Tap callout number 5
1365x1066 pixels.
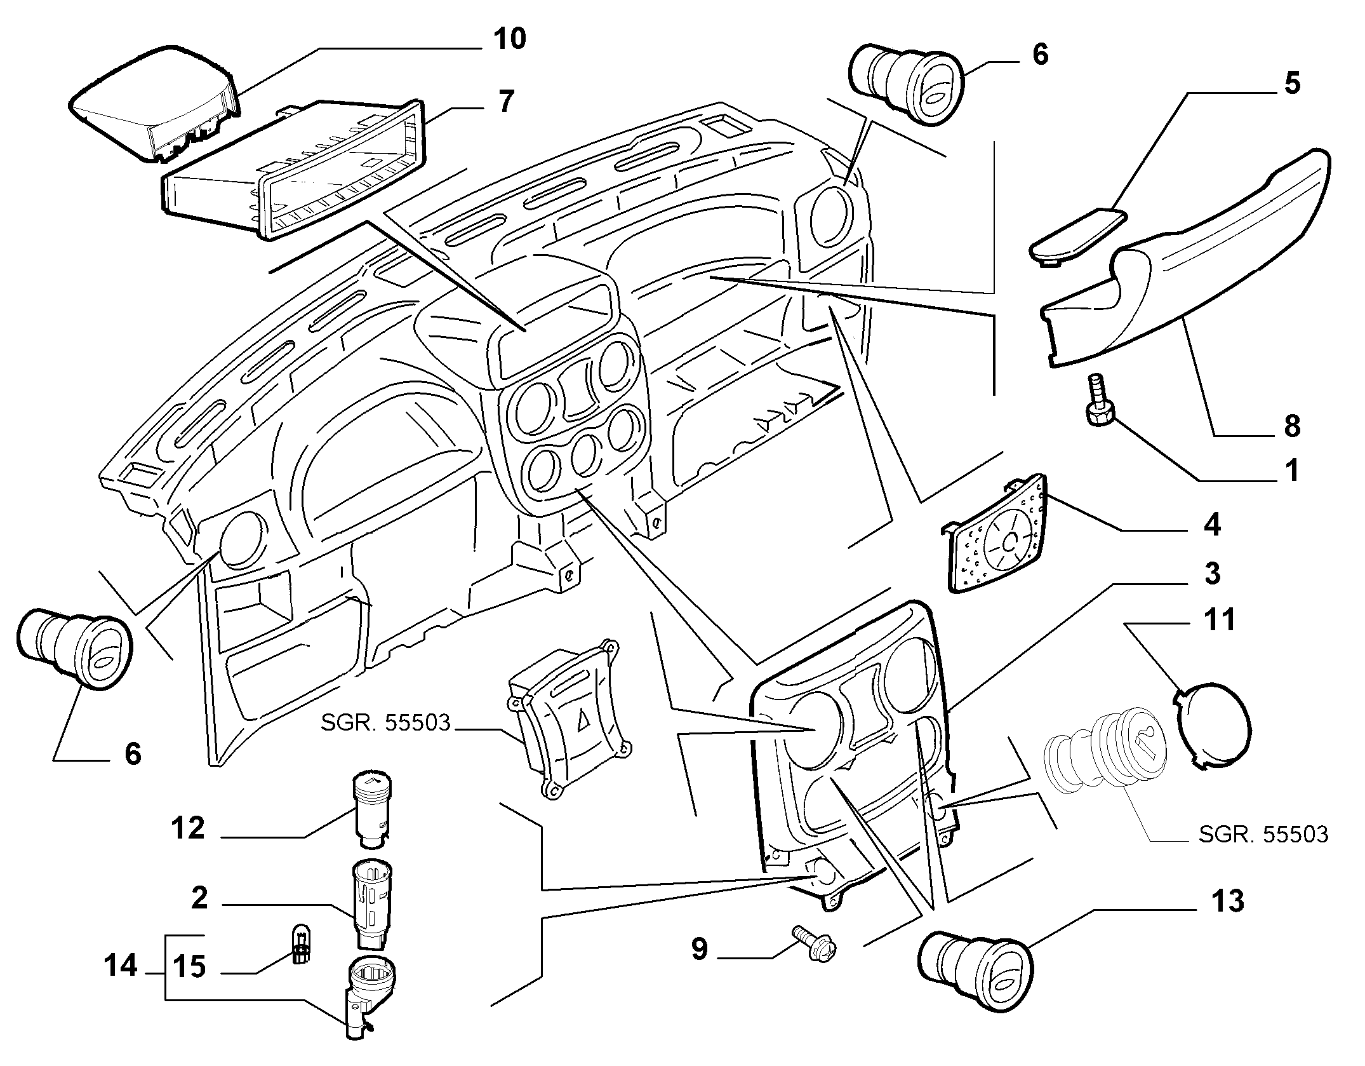point(1291,84)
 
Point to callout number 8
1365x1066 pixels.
point(1291,426)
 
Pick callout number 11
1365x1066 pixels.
point(1219,620)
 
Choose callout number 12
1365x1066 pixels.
point(188,828)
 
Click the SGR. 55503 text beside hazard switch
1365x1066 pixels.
point(385,722)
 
